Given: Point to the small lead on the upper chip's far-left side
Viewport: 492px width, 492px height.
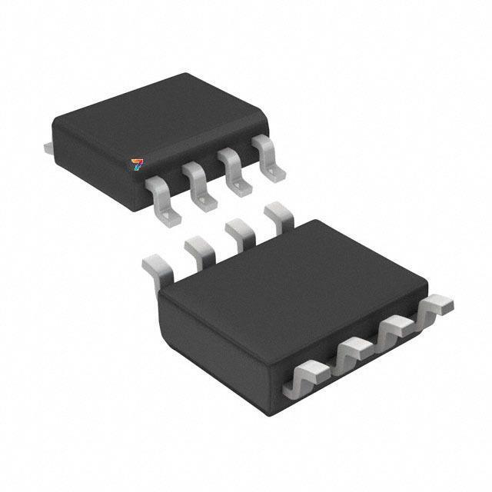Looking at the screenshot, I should pos(48,144).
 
